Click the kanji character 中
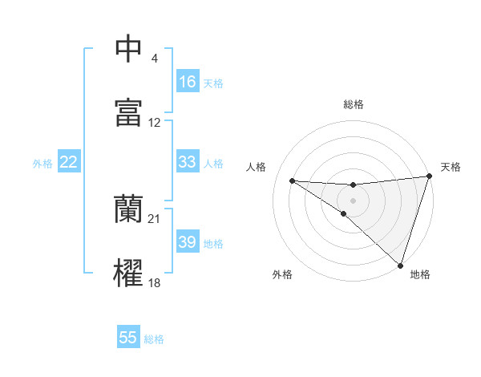coord(128,48)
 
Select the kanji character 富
coord(128,112)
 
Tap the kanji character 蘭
coord(128,209)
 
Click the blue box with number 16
coord(188,82)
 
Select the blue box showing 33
coord(188,162)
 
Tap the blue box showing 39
coord(188,242)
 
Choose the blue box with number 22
coord(69,162)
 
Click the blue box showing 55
coord(128,338)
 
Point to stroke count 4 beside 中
coord(155,59)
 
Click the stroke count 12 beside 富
coord(155,123)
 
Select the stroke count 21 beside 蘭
coord(155,219)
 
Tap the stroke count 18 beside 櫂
coord(155,283)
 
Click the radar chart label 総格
coord(354,104)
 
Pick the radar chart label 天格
coord(451,167)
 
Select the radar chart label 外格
coord(282,274)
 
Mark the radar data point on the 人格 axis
coord(292,180)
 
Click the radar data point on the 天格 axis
coord(429,176)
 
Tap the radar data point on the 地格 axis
coord(401,266)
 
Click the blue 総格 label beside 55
coord(154,339)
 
